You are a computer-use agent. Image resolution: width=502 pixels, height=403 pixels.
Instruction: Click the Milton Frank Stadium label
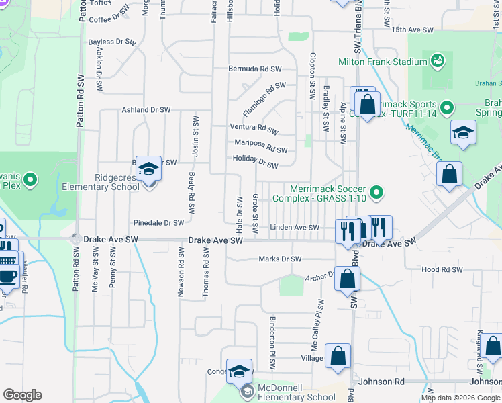(383, 62)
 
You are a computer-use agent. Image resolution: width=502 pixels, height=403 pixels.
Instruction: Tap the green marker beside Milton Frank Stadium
(438, 62)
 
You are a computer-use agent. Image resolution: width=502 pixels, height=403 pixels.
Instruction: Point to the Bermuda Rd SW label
(254, 69)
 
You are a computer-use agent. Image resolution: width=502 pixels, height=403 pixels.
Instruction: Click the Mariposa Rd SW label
(260, 146)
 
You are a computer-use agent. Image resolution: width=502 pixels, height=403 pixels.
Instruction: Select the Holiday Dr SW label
(255, 161)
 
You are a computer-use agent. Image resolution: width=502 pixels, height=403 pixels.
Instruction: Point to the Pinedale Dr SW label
(158, 222)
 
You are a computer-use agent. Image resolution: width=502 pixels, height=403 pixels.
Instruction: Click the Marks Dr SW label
(280, 259)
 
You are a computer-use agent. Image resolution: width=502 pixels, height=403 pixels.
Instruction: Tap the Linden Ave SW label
(295, 228)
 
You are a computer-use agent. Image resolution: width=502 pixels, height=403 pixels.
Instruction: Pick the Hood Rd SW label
(442, 269)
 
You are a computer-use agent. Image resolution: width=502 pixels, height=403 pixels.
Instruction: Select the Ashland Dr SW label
(144, 110)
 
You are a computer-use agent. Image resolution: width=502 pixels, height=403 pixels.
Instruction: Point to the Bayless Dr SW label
(111, 42)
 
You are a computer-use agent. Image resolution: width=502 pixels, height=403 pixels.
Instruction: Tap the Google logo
(22, 395)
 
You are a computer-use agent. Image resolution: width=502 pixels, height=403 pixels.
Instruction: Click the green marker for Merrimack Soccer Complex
(376, 193)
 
